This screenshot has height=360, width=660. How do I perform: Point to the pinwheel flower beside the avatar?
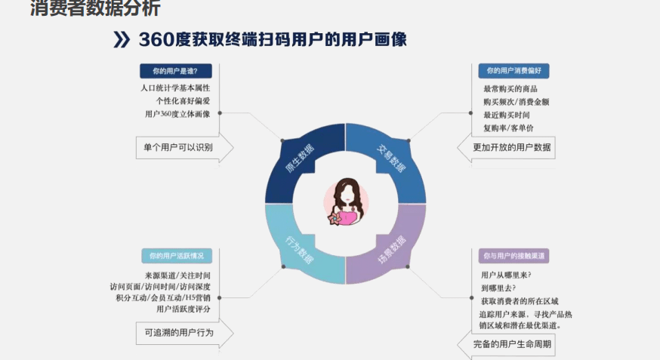(335, 218)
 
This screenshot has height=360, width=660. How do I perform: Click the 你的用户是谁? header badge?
(175, 71)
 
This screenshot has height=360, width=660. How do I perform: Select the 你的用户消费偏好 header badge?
(514, 71)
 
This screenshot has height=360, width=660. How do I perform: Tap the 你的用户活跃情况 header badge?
(177, 256)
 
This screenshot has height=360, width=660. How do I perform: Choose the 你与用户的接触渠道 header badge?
(514, 256)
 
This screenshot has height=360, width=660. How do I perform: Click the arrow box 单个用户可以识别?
(184, 148)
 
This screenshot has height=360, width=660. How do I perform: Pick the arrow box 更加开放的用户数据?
(506, 148)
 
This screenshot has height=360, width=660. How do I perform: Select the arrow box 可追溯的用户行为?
(184, 333)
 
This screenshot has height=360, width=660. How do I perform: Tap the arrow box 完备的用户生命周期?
(506, 344)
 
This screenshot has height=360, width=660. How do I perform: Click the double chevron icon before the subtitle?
(122, 39)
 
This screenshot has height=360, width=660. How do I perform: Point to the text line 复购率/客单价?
(508, 128)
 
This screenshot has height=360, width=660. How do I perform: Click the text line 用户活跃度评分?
(183, 309)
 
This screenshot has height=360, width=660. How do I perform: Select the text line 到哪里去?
(498, 288)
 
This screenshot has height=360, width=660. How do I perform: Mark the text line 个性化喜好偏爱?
(183, 101)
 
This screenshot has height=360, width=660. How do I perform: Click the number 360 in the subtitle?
(156, 39)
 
